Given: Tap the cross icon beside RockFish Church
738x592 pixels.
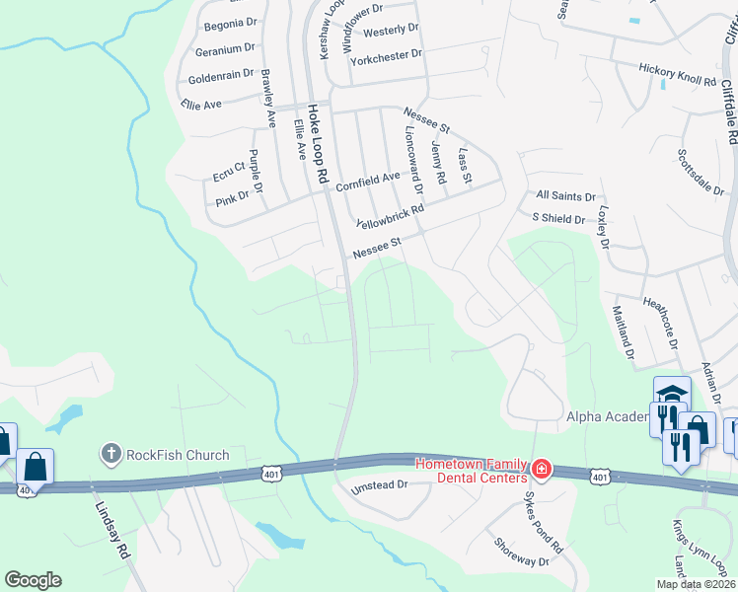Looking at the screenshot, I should point(111,454).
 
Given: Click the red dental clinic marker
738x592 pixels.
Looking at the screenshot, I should point(540,468).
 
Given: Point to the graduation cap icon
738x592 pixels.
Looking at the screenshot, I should point(671,392).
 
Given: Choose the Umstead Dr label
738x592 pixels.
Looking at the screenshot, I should point(379,484).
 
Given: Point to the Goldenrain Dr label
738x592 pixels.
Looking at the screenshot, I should point(222,76).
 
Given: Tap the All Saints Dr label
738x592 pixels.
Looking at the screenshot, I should point(566,196).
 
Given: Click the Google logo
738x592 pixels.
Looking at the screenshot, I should point(33,580).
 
